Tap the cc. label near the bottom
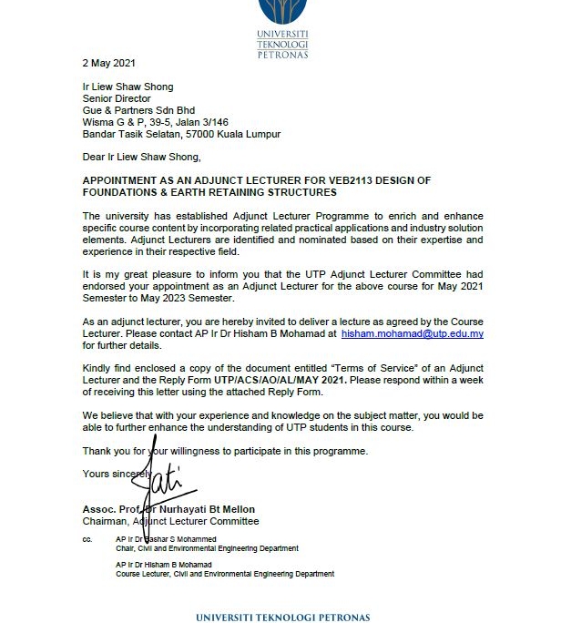(87, 539)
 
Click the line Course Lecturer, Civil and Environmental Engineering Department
(225, 574)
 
